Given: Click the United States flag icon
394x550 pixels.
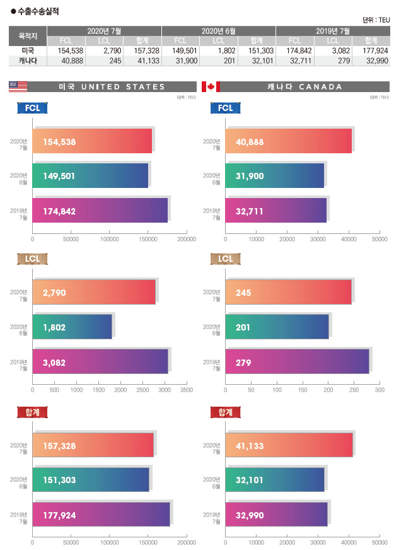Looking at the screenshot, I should pyautogui.click(x=18, y=87).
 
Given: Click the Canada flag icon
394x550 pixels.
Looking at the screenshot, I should pyautogui.click(x=211, y=87).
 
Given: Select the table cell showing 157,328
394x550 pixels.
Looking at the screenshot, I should pyautogui.click(x=142, y=50).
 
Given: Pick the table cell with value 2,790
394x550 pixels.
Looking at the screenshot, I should pyautogui.click(x=104, y=50).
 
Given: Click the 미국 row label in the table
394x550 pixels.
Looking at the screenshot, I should pyautogui.click(x=27, y=50).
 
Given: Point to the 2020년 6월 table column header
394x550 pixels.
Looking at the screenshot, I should pyautogui.click(x=218, y=30).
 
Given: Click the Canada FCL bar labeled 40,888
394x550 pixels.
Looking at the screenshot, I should pyautogui.click(x=289, y=141).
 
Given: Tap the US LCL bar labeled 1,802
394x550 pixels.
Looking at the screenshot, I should pyautogui.click(x=72, y=327).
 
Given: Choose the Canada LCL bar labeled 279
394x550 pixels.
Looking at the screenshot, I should pyautogui.click(x=297, y=361).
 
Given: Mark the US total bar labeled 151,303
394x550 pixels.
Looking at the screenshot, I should pyautogui.click(x=91, y=479).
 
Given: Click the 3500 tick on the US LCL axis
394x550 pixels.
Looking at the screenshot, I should pyautogui.click(x=186, y=391).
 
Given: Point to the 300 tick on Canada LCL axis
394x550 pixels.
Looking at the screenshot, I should pyautogui.click(x=380, y=391).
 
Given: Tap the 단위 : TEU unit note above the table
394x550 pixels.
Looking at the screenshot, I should pyautogui.click(x=376, y=20).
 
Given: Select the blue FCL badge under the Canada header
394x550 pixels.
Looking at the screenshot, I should pyautogui.click(x=225, y=108).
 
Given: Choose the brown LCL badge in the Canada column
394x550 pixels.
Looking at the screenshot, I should pyautogui.click(x=225, y=259).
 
